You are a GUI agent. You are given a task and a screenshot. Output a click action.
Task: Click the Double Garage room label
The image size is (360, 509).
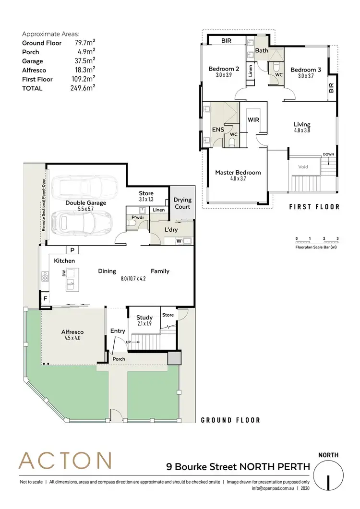click(x=85, y=203)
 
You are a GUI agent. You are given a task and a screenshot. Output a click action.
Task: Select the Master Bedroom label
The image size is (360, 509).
click(x=238, y=173)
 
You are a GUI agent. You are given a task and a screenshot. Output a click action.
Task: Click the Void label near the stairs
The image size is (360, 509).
click(x=303, y=167)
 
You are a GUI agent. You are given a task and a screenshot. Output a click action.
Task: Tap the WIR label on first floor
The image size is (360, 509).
click(x=253, y=119)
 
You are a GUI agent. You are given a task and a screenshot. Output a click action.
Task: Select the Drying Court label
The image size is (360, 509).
click(x=182, y=203)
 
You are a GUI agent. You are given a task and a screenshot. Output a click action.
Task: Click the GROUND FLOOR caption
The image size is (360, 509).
click(x=230, y=420)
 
